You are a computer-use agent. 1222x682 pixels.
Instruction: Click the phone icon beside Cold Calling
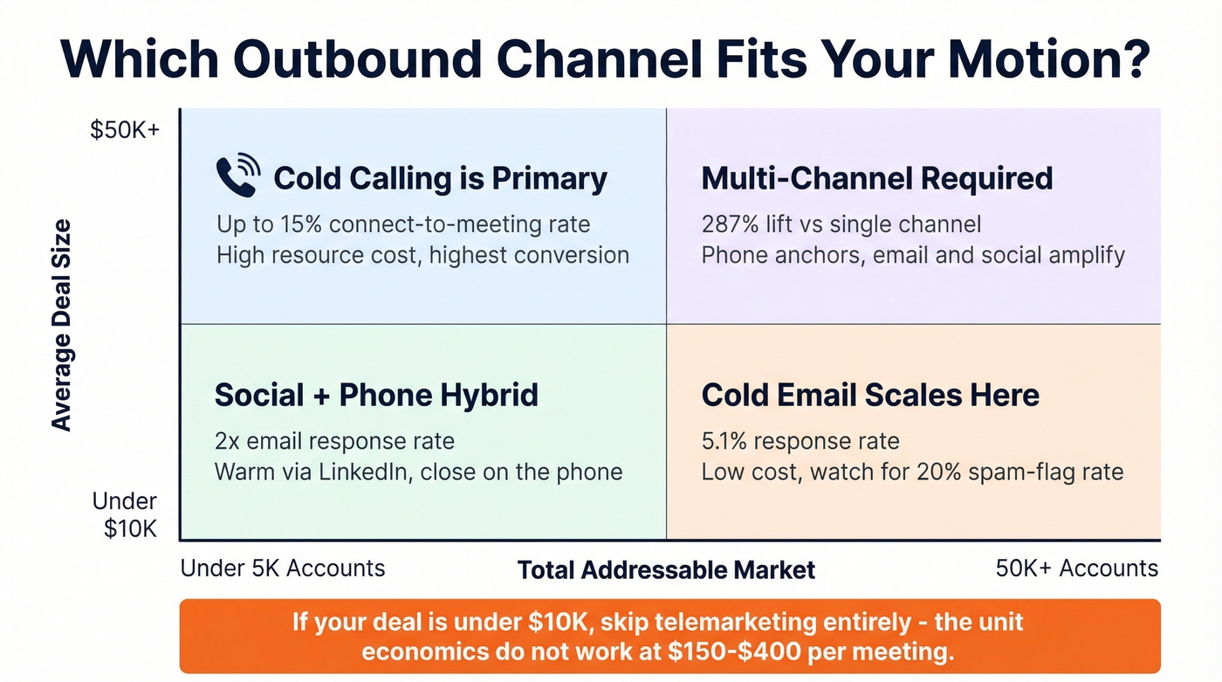coord(237,176)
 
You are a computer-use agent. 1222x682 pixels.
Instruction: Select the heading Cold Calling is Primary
coord(440,179)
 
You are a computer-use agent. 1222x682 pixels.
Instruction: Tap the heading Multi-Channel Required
coord(876,179)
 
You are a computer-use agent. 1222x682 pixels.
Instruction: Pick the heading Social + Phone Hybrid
coord(376,396)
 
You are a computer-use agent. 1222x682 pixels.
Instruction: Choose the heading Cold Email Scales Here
coord(870,396)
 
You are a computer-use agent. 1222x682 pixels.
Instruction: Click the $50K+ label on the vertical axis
coord(126,131)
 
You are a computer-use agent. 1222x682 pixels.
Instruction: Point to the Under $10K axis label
coord(126,514)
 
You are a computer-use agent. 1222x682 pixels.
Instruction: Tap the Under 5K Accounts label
coord(282,568)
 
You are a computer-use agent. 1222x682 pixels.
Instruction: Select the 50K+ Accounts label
coord(1076,568)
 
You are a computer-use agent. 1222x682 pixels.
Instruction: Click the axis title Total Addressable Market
coord(666,570)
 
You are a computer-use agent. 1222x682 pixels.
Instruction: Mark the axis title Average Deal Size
coord(61,325)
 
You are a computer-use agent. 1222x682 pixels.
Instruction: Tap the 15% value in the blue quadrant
coord(299,224)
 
